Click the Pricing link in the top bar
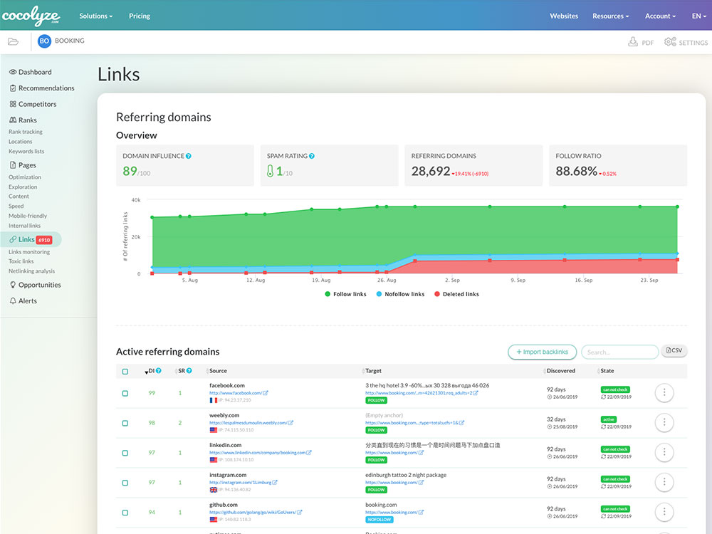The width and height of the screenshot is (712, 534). [x=140, y=16]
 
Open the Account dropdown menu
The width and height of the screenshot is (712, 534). [x=660, y=16]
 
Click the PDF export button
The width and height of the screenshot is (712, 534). [x=641, y=42]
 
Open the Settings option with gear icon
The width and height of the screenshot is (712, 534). [x=686, y=42]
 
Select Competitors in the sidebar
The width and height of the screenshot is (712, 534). [x=37, y=104]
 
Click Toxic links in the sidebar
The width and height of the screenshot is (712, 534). [x=21, y=261]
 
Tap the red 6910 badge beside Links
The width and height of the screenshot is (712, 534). [x=44, y=240]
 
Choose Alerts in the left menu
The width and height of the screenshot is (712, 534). [x=28, y=300]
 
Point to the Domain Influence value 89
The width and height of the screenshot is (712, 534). [x=130, y=171]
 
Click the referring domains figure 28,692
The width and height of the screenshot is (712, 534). [x=431, y=171]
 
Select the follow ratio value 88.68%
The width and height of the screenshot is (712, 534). [x=576, y=171]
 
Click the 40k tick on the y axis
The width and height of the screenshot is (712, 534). [x=135, y=200]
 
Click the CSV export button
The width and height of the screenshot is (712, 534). [x=674, y=350]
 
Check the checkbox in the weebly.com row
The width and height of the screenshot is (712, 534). [x=125, y=423]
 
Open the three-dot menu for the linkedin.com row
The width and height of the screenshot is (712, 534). [x=664, y=452]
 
